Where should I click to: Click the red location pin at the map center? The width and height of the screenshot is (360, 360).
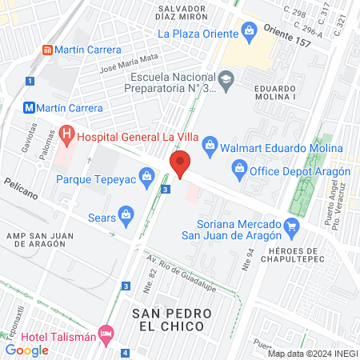click(181, 163)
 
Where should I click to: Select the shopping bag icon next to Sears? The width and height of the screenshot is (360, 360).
click(126, 214)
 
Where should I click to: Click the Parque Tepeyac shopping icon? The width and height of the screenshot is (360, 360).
click(146, 175)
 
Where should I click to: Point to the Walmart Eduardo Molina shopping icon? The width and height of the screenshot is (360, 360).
click(210, 145)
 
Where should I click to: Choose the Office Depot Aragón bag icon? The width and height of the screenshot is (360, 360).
click(238, 169)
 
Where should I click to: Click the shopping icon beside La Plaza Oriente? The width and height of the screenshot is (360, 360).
click(250, 34)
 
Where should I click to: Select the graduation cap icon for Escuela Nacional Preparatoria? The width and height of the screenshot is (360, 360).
click(226, 78)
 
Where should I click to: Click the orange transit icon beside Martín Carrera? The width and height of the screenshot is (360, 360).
click(47, 50)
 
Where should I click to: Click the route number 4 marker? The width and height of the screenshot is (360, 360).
click(125, 353)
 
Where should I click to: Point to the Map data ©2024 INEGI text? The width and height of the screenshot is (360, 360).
click(312, 353)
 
